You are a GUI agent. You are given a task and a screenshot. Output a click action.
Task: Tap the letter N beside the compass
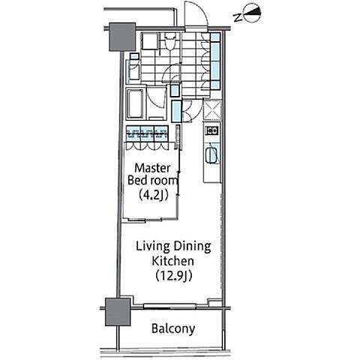point(238,17)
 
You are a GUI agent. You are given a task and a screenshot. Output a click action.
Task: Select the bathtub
point(135,103)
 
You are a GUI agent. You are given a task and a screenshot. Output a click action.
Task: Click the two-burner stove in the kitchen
point(212,130)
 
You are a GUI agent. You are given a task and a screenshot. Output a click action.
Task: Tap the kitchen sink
point(212,155)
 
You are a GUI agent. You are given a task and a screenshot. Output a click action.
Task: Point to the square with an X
point(212,110)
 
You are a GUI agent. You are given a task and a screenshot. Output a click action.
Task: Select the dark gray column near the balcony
point(118,312)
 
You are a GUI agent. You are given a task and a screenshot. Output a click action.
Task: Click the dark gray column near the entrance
point(122,37)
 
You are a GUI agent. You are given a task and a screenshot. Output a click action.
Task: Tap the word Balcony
point(173,328)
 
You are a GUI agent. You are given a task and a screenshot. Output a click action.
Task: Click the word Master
point(152,168)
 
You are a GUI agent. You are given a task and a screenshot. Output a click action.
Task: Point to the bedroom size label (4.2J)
point(153,195)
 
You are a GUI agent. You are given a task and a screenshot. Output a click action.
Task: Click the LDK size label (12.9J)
point(173,275)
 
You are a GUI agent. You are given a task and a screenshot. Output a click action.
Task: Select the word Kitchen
point(173,261)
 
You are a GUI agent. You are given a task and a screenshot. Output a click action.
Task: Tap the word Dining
point(192,247)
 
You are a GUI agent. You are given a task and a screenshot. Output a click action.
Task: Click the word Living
point(153,247)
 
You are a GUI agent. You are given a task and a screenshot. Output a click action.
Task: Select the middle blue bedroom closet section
point(147,133)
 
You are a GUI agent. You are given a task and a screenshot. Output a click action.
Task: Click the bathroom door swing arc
point(155,100)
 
